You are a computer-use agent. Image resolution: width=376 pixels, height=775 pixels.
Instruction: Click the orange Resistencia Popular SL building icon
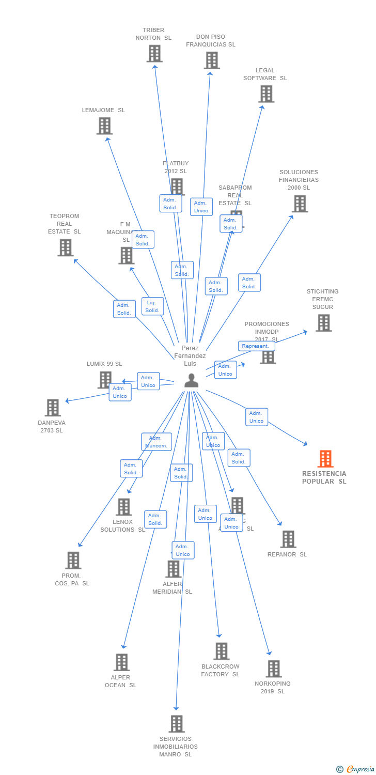[325, 459]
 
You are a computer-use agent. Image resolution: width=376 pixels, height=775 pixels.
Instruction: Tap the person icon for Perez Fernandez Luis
[192, 380]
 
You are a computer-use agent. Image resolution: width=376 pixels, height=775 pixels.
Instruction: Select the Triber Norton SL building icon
[154, 54]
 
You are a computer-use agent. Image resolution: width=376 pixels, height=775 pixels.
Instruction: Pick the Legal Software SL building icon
[266, 94]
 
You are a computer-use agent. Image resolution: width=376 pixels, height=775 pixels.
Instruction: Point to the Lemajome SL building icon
[105, 126]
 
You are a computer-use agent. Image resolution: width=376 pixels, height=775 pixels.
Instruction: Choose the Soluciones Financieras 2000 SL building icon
[300, 204]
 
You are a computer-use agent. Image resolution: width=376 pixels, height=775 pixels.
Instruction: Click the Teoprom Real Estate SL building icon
[66, 247]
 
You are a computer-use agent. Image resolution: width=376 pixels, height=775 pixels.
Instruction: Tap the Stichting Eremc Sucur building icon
[324, 323]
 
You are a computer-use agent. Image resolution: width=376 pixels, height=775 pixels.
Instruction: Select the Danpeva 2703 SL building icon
[53, 408]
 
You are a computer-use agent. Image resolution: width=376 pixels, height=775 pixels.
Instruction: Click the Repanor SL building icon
[288, 539]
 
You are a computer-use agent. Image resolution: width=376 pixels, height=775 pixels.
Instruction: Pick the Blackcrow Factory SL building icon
[222, 652]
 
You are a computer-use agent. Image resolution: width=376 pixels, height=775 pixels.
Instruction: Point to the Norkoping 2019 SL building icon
[274, 669]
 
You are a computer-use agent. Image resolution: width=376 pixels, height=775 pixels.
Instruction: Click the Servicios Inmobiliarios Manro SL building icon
[177, 724]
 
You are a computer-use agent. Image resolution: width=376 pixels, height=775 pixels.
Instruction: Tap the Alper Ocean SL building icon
[122, 662]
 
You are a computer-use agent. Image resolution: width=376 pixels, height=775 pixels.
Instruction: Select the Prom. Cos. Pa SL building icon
[73, 561]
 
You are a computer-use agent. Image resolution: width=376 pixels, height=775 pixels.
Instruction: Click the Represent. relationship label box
[256, 346]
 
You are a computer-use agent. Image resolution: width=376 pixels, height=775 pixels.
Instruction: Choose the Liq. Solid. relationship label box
[152, 306]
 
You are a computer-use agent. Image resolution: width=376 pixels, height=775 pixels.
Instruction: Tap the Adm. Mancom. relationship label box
[156, 442]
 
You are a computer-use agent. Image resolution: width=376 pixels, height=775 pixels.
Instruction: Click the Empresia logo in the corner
[356, 769]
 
